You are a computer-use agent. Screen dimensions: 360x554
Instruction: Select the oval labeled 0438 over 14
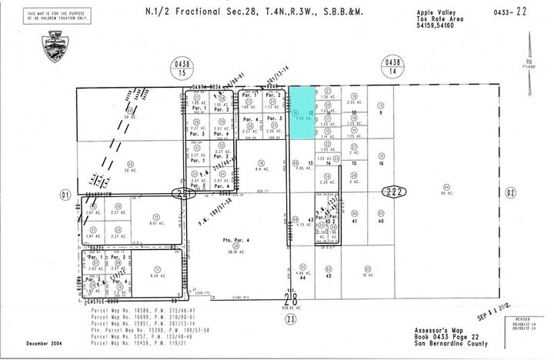tap(392, 67)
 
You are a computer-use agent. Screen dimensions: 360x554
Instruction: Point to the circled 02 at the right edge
tap(511, 193)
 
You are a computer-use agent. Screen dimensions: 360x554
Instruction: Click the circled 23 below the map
tap(290, 317)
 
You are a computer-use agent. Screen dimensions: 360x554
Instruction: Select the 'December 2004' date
tap(45, 343)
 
